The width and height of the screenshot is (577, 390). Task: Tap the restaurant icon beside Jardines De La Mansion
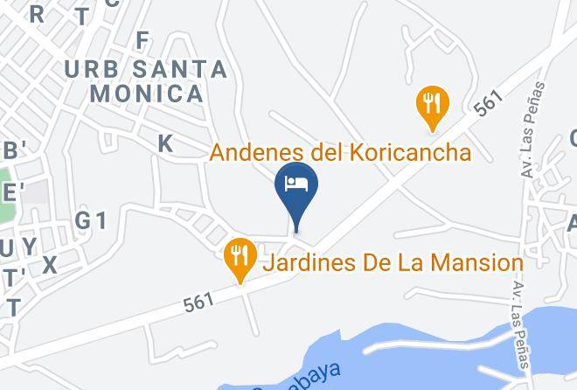tap(239, 257)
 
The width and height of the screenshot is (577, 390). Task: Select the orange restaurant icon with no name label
tap(430, 102)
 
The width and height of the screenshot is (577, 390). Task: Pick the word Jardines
tap(309, 262)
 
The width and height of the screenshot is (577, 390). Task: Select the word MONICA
tap(147, 93)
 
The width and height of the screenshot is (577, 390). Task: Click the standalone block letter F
tap(143, 40)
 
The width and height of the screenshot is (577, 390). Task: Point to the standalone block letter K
tap(165, 143)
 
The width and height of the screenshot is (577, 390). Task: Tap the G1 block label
tap(90, 220)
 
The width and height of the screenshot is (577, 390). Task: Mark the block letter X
tap(49, 265)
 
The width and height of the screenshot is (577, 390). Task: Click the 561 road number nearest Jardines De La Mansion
tap(199, 303)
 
